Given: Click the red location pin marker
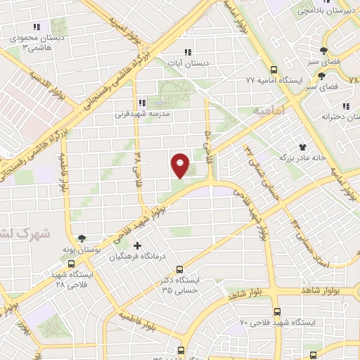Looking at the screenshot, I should pyautogui.click(x=180, y=165).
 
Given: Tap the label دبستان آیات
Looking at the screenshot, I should pyautogui.click(x=187, y=63).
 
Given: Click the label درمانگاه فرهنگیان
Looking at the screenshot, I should pyautogui.click(x=137, y=257).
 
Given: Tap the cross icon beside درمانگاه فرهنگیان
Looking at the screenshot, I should pyautogui.click(x=137, y=246).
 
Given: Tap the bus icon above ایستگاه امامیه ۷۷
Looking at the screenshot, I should pyautogui.click(x=274, y=70).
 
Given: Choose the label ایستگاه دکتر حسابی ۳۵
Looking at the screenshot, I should pyautogui.click(x=181, y=284).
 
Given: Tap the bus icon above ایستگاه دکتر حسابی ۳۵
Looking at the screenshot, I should pyautogui.click(x=180, y=269).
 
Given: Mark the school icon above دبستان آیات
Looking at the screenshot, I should pyautogui.click(x=187, y=52).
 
